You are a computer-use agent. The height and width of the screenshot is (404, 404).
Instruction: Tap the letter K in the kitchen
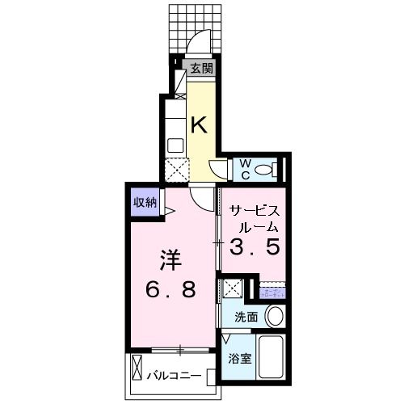(x=200, y=124)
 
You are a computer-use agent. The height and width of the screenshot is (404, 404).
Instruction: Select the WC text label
(x=242, y=170)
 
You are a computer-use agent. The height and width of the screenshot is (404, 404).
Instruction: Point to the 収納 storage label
(x=145, y=202)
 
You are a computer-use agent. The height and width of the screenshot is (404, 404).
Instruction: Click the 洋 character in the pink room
(x=168, y=261)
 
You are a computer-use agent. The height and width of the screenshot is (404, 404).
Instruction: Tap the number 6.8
(x=170, y=289)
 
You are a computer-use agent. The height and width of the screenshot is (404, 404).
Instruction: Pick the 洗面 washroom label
(x=246, y=318)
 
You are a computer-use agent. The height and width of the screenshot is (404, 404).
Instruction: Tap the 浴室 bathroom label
(x=241, y=356)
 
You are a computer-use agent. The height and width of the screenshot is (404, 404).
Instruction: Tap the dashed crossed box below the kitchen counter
(x=175, y=170)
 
